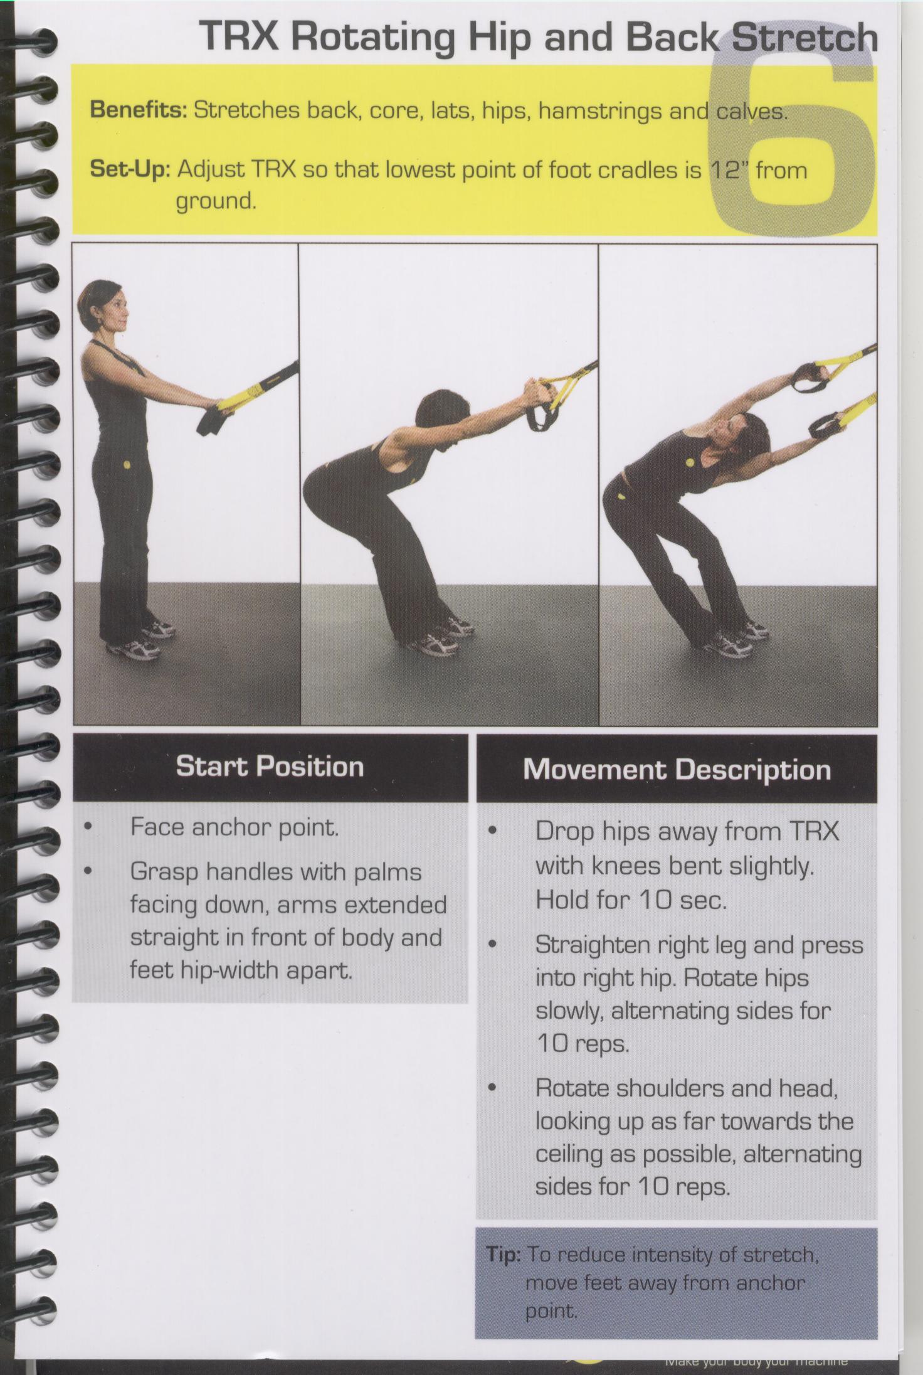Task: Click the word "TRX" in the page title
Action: (x=240, y=36)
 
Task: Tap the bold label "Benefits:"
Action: (x=139, y=110)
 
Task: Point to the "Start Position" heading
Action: (x=270, y=766)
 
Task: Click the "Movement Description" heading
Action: (x=677, y=769)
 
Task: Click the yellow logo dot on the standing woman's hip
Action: (x=127, y=465)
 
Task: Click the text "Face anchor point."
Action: (x=235, y=827)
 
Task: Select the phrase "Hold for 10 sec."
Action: (x=630, y=900)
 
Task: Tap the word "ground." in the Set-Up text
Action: (x=216, y=202)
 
